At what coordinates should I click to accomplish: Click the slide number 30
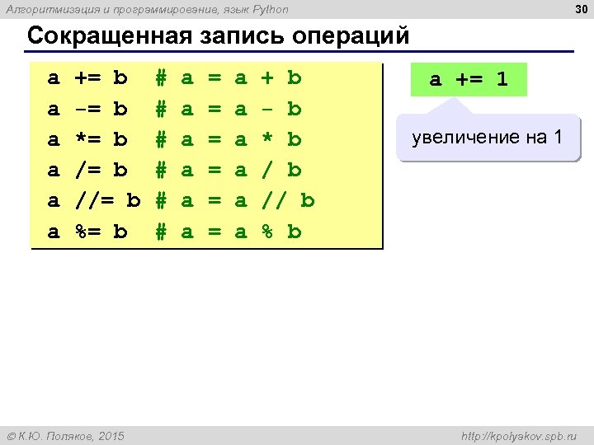pyautogui.click(x=579, y=9)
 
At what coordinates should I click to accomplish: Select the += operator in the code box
pyautogui.click(x=87, y=78)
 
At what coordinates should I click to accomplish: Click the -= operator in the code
pyautogui.click(x=87, y=109)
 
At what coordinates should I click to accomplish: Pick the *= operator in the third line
pyautogui.click(x=87, y=139)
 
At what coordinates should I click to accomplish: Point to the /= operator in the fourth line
pyautogui.click(x=87, y=170)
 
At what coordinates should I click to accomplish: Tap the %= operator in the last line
pyautogui.click(x=87, y=232)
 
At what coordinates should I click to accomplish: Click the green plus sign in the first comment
pyautogui.click(x=267, y=78)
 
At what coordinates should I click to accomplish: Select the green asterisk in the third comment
pyautogui.click(x=267, y=139)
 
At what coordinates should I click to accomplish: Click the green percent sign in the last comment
pyautogui.click(x=267, y=232)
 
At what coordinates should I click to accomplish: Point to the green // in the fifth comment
pyautogui.click(x=274, y=200)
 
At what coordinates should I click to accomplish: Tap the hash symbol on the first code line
pyautogui.click(x=162, y=78)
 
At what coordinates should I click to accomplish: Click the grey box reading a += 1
pyautogui.click(x=468, y=80)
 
